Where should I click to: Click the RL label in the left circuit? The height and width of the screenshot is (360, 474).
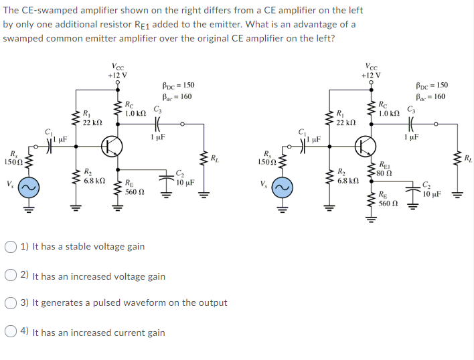point(214,159)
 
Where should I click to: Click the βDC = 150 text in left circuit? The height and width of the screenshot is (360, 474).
point(177,86)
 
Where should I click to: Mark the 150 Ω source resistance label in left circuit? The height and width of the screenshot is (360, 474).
point(12,162)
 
